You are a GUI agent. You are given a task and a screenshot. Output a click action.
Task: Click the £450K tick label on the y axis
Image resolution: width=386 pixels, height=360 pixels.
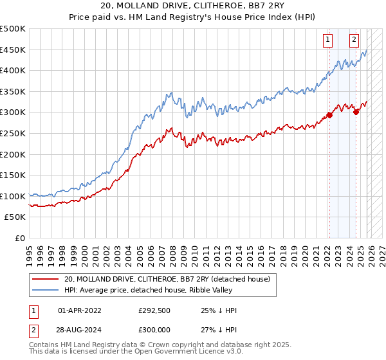[x=13, y=50]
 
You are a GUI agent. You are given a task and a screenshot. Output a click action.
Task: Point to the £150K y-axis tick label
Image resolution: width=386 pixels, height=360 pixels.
[x=13, y=175]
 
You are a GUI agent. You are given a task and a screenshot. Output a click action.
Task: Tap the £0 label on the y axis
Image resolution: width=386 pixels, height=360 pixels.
[x=19, y=238]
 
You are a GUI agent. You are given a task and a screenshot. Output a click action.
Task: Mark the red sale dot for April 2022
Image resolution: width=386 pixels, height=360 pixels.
[x=329, y=116]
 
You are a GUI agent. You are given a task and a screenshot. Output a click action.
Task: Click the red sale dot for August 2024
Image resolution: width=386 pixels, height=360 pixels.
[x=356, y=112]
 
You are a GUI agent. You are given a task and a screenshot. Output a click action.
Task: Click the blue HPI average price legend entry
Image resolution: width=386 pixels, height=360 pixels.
[x=161, y=290]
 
